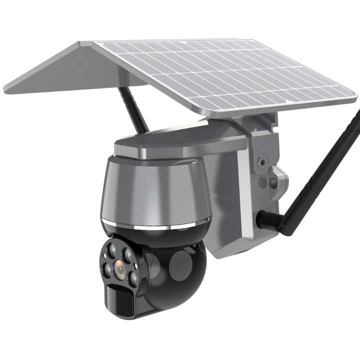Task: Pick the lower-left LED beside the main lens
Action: click(x=108, y=271)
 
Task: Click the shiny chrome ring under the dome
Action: click(x=155, y=223)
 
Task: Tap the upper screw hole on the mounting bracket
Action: click(x=260, y=161)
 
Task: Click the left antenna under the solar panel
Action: click(x=134, y=110)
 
